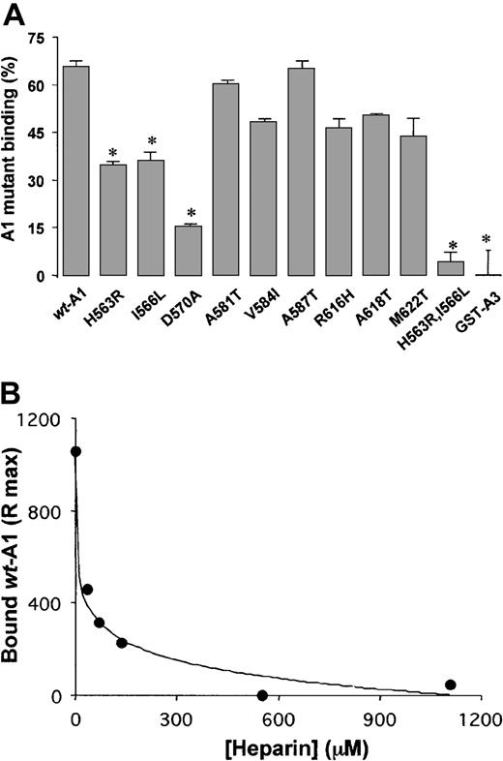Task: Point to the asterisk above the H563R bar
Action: (113, 153)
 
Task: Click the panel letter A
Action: (15, 14)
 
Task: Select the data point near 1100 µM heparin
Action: (450, 685)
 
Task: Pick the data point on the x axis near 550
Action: (262, 695)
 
